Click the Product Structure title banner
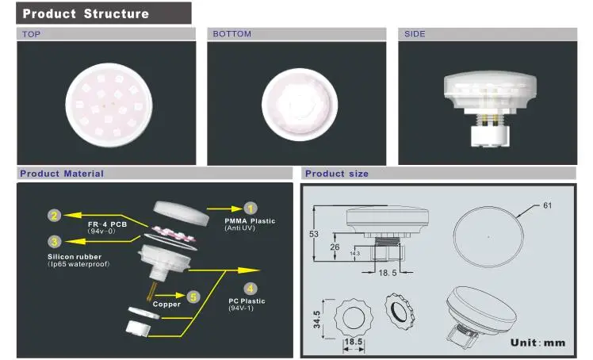point(104,13)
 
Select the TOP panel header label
point(32,34)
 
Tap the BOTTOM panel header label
point(231,33)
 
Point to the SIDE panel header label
point(415,33)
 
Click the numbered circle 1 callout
point(251,209)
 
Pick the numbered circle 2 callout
point(55,216)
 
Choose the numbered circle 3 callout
point(55,242)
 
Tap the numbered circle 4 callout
point(250,289)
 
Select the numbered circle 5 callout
point(193,297)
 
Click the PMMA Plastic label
point(250,221)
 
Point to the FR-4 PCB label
point(107,224)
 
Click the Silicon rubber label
point(75,257)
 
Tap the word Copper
point(166,304)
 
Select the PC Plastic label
point(247,301)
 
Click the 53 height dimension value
point(314,234)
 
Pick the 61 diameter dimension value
point(548,205)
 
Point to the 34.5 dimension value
point(317,320)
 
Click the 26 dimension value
point(335,247)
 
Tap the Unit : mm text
point(538,343)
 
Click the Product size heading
point(337,174)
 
